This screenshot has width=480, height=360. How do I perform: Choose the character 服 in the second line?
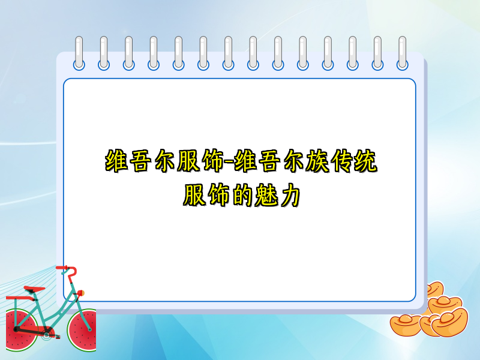click(x=194, y=196)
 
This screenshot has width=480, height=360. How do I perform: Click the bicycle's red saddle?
click(x=35, y=290)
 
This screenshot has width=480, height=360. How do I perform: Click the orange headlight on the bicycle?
click(x=80, y=293)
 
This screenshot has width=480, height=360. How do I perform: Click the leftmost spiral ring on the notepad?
click(x=79, y=53)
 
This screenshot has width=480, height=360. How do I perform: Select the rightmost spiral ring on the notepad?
click(x=402, y=53)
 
